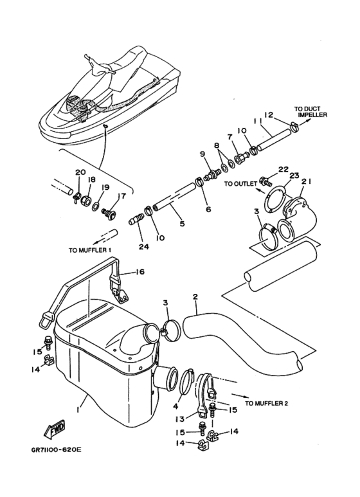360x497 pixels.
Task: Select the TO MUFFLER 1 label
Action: click(x=90, y=250)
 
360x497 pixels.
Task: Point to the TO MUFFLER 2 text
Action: click(x=267, y=403)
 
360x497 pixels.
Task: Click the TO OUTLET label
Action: click(x=240, y=184)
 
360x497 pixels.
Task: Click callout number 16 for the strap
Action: click(x=140, y=271)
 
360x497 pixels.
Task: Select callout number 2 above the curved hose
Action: click(x=195, y=296)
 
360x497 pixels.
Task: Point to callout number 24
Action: click(x=143, y=246)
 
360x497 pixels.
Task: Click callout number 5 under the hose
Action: click(x=182, y=223)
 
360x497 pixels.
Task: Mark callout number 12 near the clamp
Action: click(x=269, y=114)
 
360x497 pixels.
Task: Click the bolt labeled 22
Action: click(x=264, y=181)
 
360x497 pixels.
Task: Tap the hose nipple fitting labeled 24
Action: click(x=136, y=219)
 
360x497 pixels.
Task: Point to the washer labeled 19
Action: click(x=95, y=208)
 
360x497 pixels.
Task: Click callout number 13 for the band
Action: click(x=180, y=419)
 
